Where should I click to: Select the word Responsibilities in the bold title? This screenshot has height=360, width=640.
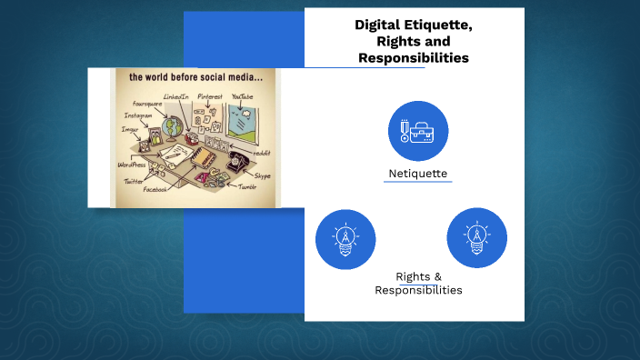(414, 57)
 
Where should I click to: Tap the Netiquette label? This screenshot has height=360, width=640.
(417, 173)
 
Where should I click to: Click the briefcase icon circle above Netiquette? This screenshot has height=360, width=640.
(418, 131)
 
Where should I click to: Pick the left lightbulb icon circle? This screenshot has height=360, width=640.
(345, 239)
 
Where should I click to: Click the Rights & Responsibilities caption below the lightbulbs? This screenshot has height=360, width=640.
(418, 283)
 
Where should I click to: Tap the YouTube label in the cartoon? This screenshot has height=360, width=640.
(243, 96)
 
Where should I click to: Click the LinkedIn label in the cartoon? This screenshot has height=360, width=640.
(175, 96)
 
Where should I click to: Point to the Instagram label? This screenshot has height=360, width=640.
(138, 115)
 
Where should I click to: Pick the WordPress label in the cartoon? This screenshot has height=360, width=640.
(131, 165)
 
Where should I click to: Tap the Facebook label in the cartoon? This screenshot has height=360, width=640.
(155, 189)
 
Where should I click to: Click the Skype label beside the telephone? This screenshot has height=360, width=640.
(262, 175)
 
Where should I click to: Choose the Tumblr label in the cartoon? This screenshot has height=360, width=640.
(247, 186)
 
